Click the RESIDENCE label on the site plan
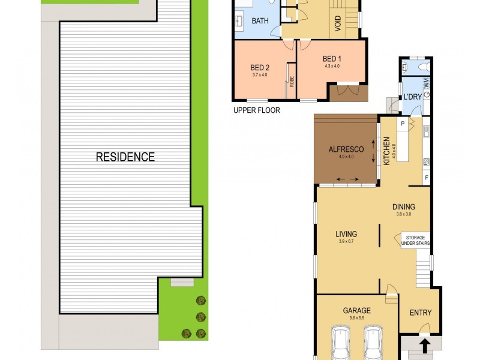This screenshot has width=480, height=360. click(125, 157)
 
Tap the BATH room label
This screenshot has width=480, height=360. click(260, 21)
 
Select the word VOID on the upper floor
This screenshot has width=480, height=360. click(337, 23)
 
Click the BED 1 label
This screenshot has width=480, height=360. click(331, 59)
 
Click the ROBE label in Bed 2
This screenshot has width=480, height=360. click(292, 82)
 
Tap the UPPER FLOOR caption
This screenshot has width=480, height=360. click(256, 110)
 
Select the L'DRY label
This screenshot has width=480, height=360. click(411, 97)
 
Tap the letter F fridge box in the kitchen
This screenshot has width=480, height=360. click(427, 178)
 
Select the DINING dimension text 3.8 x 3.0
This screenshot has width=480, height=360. click(404, 214)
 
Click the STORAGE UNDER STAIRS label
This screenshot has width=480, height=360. click(415, 240)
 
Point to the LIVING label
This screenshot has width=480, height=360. click(346, 234)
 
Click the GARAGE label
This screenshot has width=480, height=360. click(356, 310)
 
